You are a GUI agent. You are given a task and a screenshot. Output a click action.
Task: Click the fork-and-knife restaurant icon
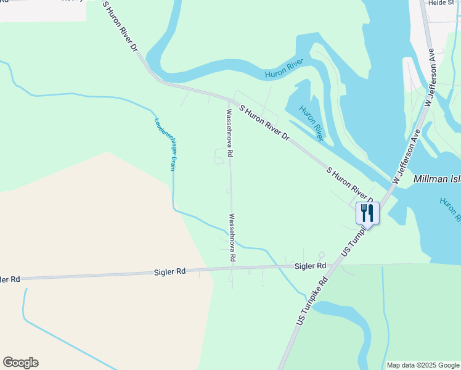point(367,213)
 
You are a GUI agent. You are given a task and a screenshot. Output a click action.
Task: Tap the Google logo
point(20,363)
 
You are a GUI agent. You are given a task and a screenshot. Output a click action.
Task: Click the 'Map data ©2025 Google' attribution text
point(423,365)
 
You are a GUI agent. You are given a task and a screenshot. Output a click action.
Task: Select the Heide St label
point(441,3)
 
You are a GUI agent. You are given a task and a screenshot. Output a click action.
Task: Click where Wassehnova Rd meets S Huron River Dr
point(229,99)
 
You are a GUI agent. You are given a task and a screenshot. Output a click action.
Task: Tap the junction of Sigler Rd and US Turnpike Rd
point(333,265)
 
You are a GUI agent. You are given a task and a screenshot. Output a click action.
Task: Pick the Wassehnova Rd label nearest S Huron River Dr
point(229,134)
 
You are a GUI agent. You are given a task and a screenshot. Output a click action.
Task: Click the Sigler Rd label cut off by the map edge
point(10,279)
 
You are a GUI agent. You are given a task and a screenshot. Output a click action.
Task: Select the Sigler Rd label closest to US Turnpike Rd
point(310,266)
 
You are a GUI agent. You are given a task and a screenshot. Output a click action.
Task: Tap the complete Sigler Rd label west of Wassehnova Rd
point(171,271)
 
